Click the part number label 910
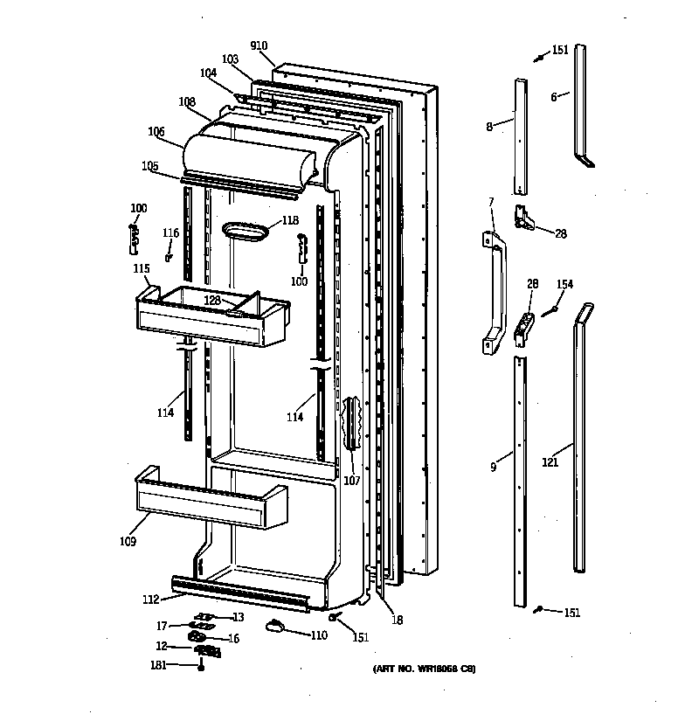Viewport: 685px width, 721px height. [x=258, y=45]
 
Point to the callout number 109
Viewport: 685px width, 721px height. [x=128, y=542]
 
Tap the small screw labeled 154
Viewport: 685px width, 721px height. [x=550, y=309]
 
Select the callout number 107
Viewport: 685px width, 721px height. [x=351, y=479]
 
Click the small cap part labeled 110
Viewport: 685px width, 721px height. [x=276, y=623]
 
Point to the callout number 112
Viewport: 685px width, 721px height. [x=151, y=599]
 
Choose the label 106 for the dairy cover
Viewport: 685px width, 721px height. [x=156, y=132]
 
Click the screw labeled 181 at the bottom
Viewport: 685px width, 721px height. [x=202, y=669]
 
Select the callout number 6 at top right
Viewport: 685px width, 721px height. [x=554, y=97]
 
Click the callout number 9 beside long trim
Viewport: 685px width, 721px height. [x=494, y=468]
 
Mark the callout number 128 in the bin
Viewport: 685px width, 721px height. [x=212, y=300]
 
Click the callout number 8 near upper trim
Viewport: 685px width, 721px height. [x=489, y=127]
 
